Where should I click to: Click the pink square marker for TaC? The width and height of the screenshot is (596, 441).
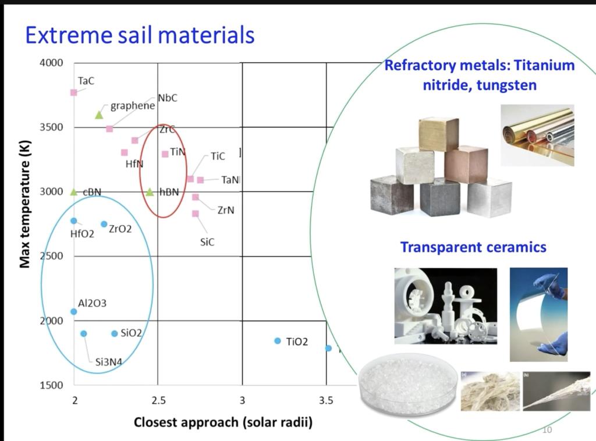74,93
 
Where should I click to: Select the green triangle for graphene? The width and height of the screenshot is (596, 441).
99,115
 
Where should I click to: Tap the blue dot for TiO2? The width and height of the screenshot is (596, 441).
278,341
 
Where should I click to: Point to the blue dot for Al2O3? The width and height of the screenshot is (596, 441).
74,311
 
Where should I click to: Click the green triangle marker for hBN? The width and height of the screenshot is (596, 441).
150,192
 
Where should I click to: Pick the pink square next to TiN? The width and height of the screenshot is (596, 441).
165,154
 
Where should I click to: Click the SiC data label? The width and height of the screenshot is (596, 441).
207,242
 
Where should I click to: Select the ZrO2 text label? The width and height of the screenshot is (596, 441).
120,229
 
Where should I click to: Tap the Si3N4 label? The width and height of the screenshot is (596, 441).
109,362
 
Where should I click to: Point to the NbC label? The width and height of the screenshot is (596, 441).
168,98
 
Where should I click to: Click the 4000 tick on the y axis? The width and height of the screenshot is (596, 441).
51,63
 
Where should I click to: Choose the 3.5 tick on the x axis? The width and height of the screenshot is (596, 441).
326,400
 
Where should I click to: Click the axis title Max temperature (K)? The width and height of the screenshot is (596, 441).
24,204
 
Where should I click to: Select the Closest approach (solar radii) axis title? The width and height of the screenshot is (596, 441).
223,422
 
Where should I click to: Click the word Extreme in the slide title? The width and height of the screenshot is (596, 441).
69,35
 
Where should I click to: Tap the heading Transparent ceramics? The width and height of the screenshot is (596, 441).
473,247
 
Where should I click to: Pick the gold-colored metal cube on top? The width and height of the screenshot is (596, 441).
438,134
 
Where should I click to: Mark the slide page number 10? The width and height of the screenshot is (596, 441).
547,429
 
